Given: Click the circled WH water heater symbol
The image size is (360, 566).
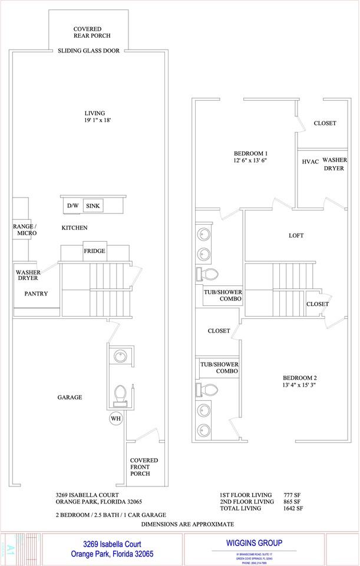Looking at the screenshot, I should pos(115,419).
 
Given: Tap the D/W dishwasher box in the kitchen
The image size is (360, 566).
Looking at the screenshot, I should pos(72,206).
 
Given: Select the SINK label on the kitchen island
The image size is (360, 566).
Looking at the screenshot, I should pos(93,206).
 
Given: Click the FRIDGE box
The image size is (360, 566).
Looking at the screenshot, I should pos(94,251).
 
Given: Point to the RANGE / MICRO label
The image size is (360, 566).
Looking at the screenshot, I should pos(25,230).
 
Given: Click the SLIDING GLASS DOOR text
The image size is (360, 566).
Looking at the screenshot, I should pos(88,51).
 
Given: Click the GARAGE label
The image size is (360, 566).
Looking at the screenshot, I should pos(70,397).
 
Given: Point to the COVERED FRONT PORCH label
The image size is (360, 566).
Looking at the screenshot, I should pos(144,466).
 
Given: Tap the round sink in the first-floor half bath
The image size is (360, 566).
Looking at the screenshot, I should pos(120,356).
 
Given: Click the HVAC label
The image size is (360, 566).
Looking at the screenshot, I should pos(310,161).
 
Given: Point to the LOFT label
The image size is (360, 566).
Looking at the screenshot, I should pos(296,235).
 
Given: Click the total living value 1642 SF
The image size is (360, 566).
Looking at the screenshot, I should pos(293,508).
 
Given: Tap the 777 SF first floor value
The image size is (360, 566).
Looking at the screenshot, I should pos(293,495).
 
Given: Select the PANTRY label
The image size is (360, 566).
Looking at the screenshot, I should pos(36,294).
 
